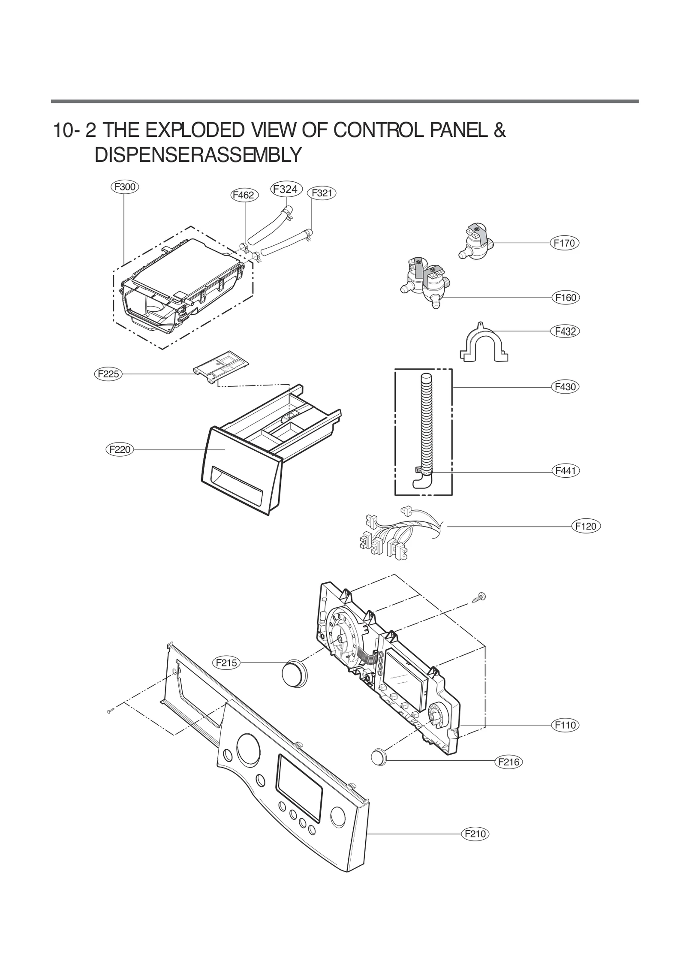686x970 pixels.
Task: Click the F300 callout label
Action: (x=124, y=187)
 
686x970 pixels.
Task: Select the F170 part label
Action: (x=564, y=243)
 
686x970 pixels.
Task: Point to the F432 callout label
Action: (x=565, y=331)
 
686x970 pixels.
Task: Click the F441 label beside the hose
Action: (x=565, y=471)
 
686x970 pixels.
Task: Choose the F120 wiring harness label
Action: (x=586, y=526)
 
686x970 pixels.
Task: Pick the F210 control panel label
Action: (x=475, y=834)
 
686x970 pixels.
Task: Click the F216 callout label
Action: (x=508, y=762)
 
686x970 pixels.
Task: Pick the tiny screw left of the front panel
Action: (x=110, y=711)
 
